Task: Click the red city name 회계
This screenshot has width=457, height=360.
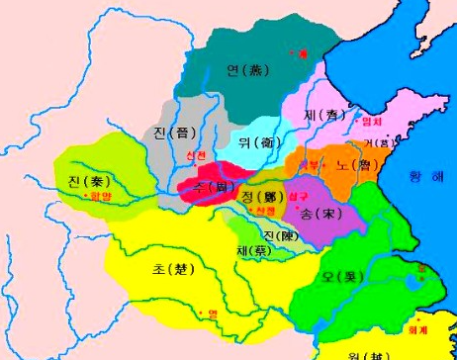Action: (431, 318)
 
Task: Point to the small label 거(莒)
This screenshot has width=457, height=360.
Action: (378, 140)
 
